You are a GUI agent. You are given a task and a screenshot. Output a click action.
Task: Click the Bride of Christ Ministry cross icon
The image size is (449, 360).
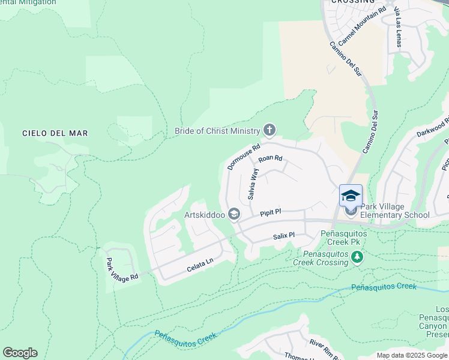270,130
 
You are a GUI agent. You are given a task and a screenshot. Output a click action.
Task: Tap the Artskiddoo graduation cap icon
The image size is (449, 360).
235,214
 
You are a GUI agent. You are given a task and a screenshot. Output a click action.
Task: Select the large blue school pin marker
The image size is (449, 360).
351,196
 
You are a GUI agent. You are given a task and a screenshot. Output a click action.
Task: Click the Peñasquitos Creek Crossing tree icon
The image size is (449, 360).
358,257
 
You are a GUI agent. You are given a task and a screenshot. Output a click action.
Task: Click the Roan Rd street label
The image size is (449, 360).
270,159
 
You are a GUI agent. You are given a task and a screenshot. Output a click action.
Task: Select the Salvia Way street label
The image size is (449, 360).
253,184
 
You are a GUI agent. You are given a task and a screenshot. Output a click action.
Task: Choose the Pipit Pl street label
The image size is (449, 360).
271,212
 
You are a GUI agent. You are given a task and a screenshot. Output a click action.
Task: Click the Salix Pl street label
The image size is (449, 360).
283,236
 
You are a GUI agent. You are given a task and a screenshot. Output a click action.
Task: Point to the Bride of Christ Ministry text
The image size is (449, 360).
217,131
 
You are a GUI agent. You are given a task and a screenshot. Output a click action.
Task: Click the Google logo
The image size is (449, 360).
20,353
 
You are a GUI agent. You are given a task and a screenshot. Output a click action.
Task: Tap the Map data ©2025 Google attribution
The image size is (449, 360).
412,355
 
